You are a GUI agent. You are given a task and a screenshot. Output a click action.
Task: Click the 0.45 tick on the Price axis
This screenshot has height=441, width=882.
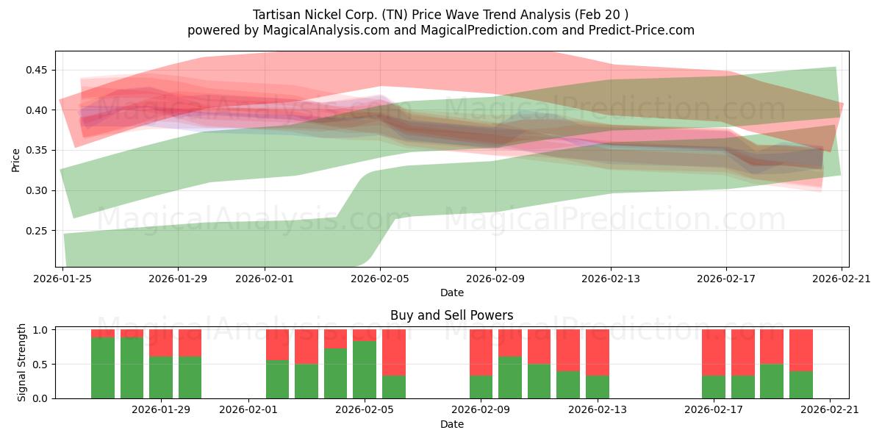[x=38, y=71]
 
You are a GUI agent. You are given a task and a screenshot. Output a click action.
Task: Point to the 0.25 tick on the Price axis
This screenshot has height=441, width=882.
[x=38, y=231]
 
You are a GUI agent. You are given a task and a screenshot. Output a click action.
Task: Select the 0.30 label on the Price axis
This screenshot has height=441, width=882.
[x=38, y=190]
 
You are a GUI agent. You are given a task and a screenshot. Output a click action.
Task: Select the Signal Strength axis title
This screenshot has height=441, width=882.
[x=22, y=362]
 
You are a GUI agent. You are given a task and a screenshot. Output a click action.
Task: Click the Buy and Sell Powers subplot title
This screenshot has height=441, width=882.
[x=451, y=315]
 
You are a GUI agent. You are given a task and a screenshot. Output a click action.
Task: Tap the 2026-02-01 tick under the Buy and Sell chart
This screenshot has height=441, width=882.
[x=248, y=410]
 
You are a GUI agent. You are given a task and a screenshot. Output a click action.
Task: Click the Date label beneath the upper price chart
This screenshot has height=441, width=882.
[x=451, y=293]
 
